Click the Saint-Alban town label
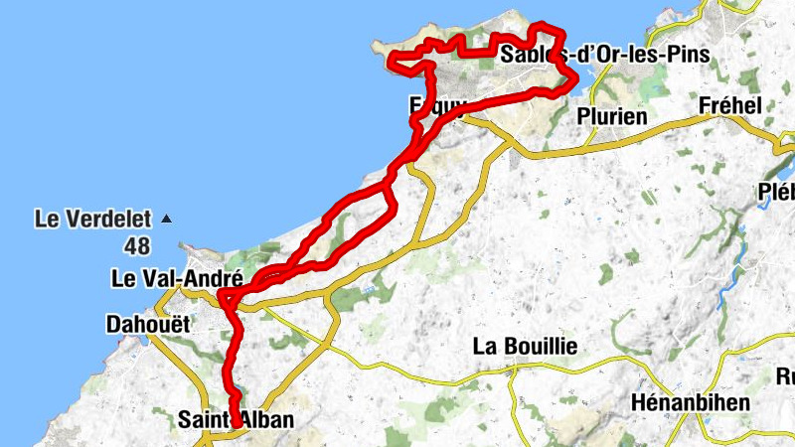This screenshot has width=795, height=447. click(x=236, y=420)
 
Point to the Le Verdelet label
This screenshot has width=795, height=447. click(x=91, y=217)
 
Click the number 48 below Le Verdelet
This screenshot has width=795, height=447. click(x=138, y=244)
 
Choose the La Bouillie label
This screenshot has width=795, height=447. click(x=525, y=347)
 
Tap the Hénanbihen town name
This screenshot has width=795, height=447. click(x=691, y=403)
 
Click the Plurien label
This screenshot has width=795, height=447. click(x=612, y=116)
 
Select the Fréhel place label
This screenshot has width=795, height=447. click(x=729, y=105)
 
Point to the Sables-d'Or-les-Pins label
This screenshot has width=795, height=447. click(x=605, y=55)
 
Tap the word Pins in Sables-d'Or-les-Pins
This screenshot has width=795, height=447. click(x=688, y=55)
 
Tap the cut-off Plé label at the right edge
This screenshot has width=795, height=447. click(x=776, y=191)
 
